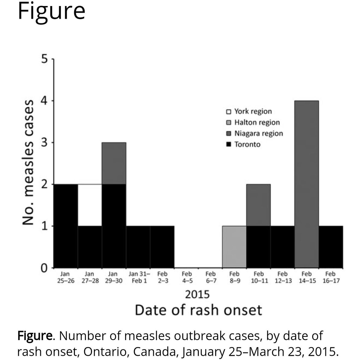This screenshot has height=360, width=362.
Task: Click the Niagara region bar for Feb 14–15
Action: point(306,184)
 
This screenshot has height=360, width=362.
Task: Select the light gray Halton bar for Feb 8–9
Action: point(234,247)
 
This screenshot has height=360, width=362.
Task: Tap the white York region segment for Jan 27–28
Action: point(90,205)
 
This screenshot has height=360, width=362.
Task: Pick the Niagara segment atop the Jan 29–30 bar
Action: point(114,163)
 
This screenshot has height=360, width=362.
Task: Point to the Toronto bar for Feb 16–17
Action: point(331,247)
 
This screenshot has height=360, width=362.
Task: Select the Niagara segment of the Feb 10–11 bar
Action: point(258,205)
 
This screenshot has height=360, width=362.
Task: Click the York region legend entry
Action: point(249,111)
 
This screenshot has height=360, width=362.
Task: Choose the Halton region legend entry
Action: point(253,122)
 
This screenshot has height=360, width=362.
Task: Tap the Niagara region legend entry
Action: point(255,133)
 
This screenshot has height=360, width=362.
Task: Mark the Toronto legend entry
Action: point(243,144)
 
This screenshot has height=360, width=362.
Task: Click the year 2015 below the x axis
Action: point(198,294)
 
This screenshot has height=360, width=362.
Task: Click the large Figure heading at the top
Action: point(51,11)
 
